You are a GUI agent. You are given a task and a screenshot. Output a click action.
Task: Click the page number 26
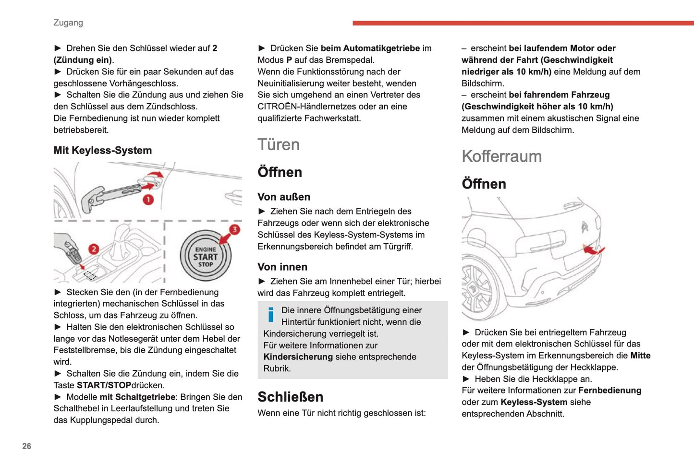point(26,446)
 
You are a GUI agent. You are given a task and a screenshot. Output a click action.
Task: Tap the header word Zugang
point(68,23)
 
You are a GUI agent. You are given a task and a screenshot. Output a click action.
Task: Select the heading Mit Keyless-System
point(102,150)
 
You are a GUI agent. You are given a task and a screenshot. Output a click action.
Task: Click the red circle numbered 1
point(148,200)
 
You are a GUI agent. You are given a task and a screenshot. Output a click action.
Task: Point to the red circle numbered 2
point(94,249)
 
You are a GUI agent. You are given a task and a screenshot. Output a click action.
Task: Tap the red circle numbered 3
point(234,229)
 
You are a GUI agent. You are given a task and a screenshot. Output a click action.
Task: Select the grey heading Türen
point(279,144)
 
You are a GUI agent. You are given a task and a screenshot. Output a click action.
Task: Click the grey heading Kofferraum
point(501,156)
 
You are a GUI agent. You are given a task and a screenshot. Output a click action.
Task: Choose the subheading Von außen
point(284,197)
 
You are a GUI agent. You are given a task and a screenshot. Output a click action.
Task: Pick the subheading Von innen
point(282,267)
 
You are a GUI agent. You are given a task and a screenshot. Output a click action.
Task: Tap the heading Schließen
point(290,397)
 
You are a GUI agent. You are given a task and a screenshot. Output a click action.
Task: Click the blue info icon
point(271,315)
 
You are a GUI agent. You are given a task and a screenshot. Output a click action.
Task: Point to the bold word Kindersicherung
point(298,357)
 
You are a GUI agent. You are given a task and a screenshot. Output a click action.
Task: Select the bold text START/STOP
point(104,385)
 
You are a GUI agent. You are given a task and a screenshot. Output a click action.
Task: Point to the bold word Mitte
point(640,355)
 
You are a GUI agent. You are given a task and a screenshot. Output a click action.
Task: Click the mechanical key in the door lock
point(115,194)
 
